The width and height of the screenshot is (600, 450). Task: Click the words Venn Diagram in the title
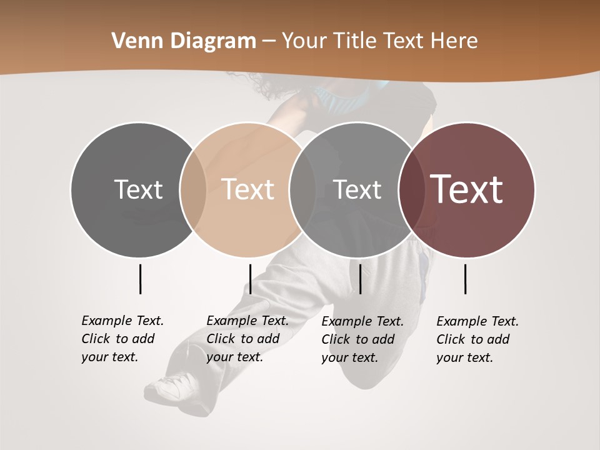pyautogui.click(x=184, y=41)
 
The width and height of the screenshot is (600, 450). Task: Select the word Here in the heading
pyautogui.click(x=454, y=41)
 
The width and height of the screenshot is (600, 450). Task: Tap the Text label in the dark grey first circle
pyautogui.click(x=138, y=189)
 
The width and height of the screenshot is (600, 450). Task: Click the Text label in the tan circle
pyautogui.click(x=247, y=189)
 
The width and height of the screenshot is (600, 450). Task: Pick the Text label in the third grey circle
pyautogui.click(x=357, y=189)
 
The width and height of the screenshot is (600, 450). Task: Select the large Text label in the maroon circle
pyautogui.click(x=466, y=189)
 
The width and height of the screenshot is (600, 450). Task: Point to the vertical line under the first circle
pyautogui.click(x=140, y=279)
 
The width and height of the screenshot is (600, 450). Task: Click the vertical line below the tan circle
pyautogui.click(x=250, y=279)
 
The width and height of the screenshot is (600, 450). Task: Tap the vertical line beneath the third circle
pyautogui.click(x=360, y=279)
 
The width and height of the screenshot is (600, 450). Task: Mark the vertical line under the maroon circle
pyautogui.click(x=465, y=279)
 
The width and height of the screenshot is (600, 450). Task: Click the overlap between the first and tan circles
pyautogui.click(x=193, y=189)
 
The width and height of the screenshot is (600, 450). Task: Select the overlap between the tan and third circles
pyautogui.click(x=302, y=189)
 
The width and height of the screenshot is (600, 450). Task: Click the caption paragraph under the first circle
pyautogui.click(x=122, y=339)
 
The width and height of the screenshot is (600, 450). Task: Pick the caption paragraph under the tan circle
pyautogui.click(x=247, y=339)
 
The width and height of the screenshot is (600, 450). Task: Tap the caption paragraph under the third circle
pyautogui.click(x=362, y=339)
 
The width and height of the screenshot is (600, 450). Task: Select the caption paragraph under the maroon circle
pyautogui.click(x=477, y=339)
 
